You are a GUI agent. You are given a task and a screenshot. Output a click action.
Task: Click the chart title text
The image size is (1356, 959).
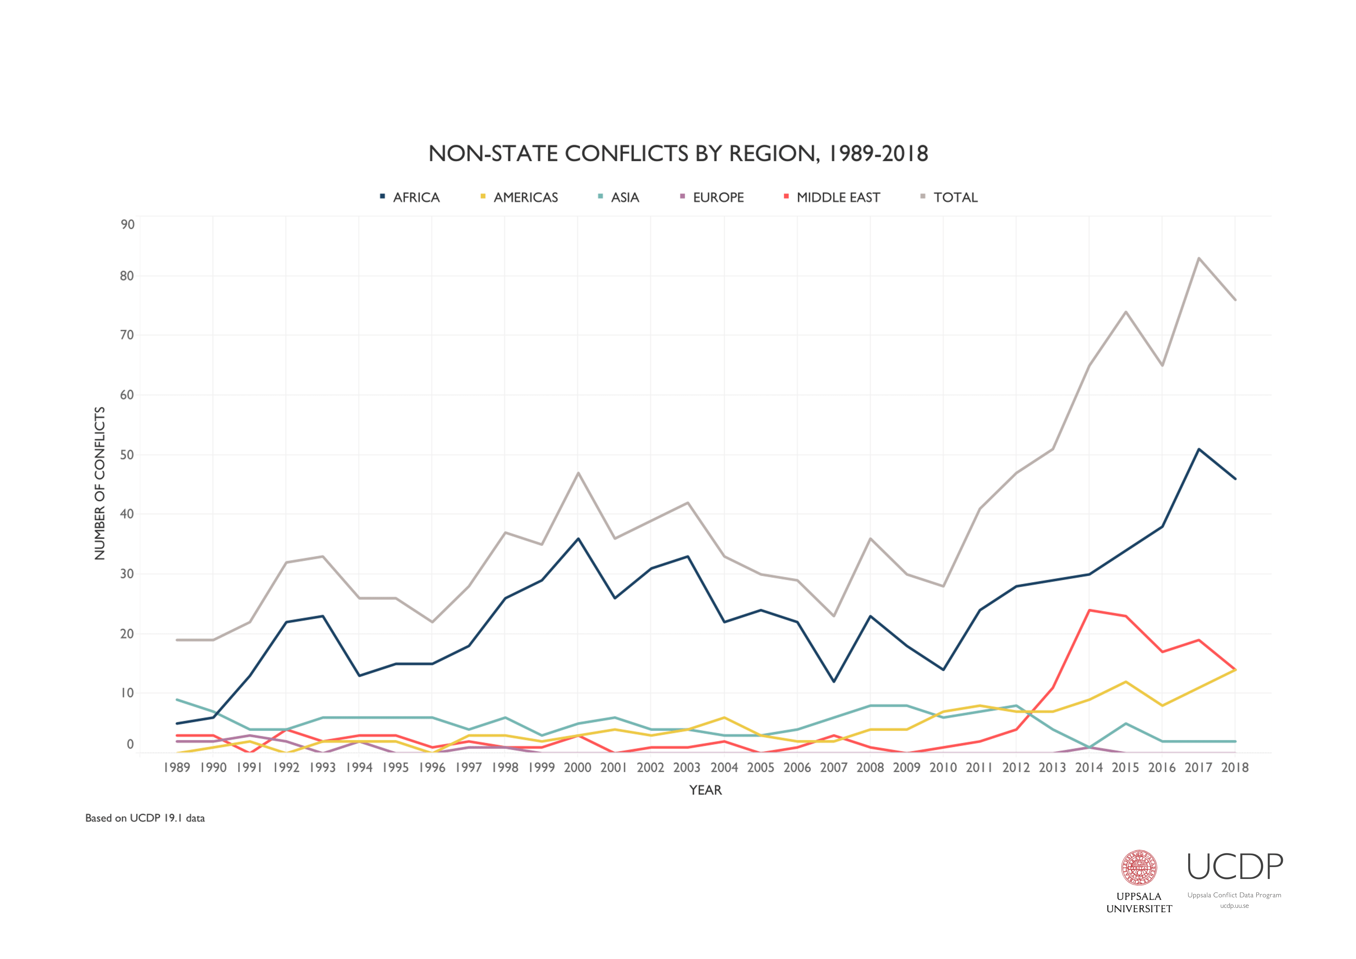click(678, 154)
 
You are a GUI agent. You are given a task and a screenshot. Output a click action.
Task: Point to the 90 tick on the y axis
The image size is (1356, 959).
click(127, 224)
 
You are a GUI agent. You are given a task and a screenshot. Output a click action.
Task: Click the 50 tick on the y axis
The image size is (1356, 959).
click(127, 455)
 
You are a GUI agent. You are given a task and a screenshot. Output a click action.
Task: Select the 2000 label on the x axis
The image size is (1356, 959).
click(578, 767)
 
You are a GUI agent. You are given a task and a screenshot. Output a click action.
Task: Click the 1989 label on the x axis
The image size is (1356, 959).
click(177, 767)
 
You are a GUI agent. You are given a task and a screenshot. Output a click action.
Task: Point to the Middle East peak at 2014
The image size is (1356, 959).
click(1089, 610)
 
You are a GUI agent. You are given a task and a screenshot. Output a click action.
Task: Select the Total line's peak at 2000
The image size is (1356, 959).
click(578, 473)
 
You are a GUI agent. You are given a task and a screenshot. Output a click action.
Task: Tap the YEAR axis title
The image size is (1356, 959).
click(705, 790)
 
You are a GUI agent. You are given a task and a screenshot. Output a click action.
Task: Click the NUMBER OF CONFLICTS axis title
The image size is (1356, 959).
click(100, 483)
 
